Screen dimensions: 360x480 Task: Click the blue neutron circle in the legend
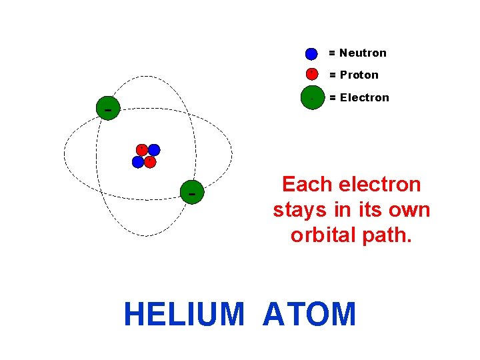[x=311, y=54]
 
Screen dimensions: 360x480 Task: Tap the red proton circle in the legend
[x=311, y=74]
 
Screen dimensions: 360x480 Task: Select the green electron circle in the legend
[x=312, y=97]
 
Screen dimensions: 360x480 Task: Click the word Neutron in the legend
[x=363, y=53]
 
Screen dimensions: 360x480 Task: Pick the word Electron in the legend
[x=364, y=97]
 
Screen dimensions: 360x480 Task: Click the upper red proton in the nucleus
[x=141, y=149]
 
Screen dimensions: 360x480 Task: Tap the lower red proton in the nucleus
[x=150, y=161]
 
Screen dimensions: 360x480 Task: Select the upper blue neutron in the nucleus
[x=154, y=150]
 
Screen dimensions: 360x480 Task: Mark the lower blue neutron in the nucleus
[x=138, y=162]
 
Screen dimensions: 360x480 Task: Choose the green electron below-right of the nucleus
[x=192, y=193]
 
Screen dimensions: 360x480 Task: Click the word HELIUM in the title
[x=184, y=315]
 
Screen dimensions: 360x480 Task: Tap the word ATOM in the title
[x=309, y=315]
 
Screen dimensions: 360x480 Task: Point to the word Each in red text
[x=303, y=184]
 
